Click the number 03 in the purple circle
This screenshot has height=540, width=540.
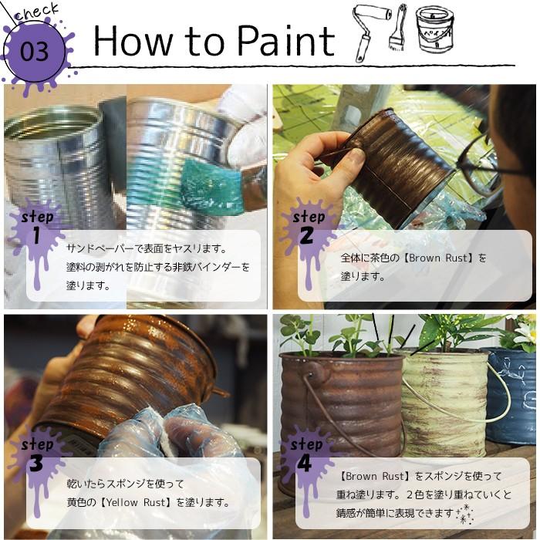[x=35, y=52]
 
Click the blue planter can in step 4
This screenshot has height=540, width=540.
[x=512, y=393]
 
